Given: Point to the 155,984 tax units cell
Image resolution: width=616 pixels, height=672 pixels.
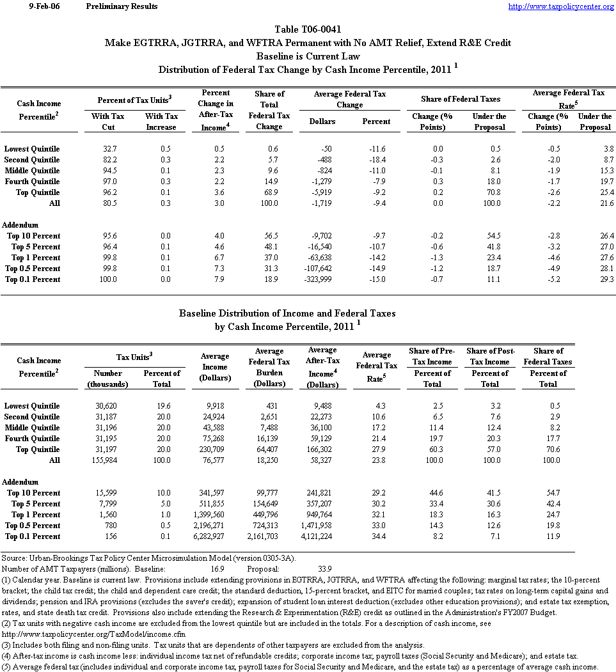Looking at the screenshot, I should (107, 460).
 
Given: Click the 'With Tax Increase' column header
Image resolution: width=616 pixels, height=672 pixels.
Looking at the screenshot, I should (161, 121).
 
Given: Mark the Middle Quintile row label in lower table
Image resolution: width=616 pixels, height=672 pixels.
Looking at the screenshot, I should (33, 428).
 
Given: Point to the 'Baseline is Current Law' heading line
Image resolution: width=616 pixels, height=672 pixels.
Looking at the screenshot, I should (308, 56).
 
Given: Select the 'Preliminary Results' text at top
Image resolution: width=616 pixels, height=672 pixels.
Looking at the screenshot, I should (122, 6).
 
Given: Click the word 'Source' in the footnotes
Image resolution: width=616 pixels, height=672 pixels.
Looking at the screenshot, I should (14, 558).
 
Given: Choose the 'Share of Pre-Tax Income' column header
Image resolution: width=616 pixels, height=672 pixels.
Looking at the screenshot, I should (432, 356).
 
